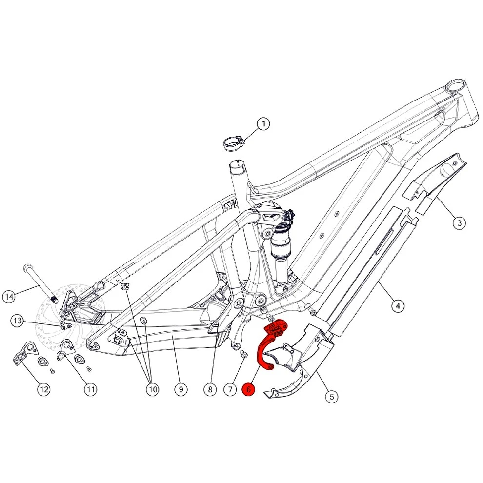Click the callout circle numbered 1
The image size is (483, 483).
(x=263, y=124)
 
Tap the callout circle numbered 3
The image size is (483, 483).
(x=459, y=223)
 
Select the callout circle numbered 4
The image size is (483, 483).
(x=398, y=306)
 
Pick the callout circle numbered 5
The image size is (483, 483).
(x=331, y=396)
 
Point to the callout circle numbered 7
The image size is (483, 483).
(x=229, y=389)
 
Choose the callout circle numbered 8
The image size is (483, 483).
(x=210, y=389)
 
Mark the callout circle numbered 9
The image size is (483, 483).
(x=181, y=389)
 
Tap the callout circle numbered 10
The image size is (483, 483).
(x=151, y=389)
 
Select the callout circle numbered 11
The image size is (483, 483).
(x=91, y=389)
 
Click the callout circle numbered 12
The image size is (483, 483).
(x=44, y=389)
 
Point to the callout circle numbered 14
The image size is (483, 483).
(x=9, y=296)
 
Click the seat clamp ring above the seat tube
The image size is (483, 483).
(x=233, y=143)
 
